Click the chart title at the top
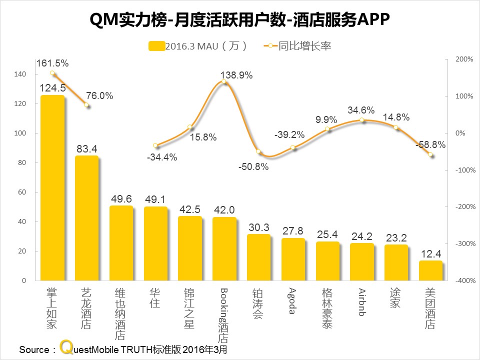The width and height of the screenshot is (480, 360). tap(239, 20)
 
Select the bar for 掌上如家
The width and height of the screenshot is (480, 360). tap(52, 187)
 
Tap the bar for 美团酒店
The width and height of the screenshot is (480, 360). tap(430, 270)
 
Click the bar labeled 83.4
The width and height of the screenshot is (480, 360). tap(86, 218)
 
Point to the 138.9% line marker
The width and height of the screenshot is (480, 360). tap(224, 82)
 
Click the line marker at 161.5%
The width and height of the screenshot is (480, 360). tap(52, 73)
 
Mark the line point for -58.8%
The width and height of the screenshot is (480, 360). tap(431, 155)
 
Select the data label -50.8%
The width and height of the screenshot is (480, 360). tap(253, 167)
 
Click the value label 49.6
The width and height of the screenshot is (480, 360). tap(121, 199)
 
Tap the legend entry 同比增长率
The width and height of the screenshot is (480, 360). tap(298, 46)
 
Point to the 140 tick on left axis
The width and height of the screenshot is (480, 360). tap(20, 74)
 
